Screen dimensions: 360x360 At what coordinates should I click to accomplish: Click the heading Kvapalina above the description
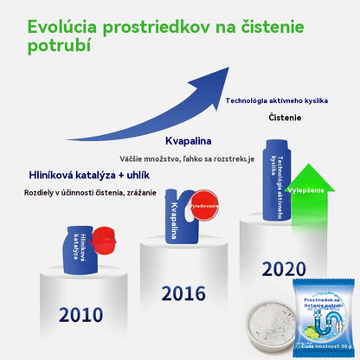click(189, 141)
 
